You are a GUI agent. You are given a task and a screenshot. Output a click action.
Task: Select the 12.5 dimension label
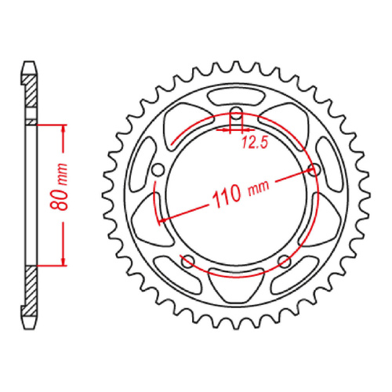(x=253, y=141)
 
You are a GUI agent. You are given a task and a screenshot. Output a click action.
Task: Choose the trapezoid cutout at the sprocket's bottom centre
(x=237, y=289)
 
